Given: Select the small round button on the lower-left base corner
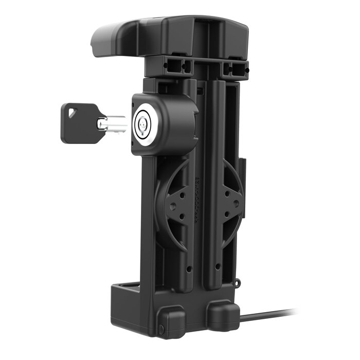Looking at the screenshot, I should (161, 328).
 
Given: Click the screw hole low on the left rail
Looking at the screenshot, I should (189, 268).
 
